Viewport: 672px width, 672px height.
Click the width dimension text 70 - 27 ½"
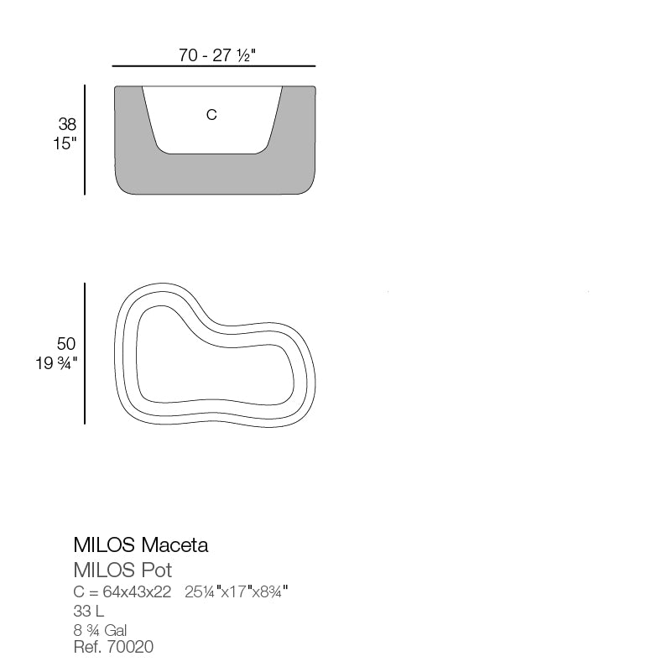coord(216,55)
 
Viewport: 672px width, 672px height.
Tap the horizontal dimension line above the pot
coord(213,66)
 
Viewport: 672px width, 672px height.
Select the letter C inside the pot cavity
coord(211,115)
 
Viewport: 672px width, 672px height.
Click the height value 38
coord(67,124)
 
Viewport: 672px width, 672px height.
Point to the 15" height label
coord(64,143)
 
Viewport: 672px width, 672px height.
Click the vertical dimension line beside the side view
coord(85,139)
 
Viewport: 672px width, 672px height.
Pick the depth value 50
coord(66,344)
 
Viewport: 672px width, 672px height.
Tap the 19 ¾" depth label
coord(57,363)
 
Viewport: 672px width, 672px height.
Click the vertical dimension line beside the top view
coord(85,353)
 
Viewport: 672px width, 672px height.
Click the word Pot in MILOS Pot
coord(156,570)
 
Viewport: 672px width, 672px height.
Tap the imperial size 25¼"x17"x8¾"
coord(237,592)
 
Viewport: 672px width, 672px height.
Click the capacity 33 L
coord(89,612)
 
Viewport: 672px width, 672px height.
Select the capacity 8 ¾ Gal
coord(100,630)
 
